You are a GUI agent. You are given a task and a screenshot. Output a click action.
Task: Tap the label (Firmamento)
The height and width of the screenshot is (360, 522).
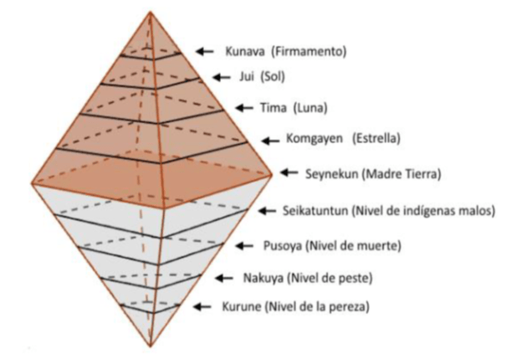pos(309,51)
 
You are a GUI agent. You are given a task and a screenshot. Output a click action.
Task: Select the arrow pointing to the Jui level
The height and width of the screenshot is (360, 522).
pos(222,77)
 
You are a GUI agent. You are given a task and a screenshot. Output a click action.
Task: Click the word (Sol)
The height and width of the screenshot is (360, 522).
pos(273,77)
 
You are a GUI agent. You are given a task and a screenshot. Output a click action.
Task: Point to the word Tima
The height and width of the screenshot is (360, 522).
pos(273,108)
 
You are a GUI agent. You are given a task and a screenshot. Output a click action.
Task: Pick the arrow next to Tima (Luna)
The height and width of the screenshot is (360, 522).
pos(244,108)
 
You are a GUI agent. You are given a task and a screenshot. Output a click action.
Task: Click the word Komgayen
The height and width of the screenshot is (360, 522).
pos(315,138)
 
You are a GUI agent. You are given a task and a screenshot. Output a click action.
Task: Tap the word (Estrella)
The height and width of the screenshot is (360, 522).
pos(376,138)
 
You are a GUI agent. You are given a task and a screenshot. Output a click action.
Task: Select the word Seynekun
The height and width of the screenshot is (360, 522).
pos(331,174)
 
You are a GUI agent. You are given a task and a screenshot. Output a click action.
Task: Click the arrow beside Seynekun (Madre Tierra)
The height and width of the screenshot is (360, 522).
pos(289,172)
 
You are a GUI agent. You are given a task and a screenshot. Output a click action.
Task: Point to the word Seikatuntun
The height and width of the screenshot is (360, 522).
pos(315,211)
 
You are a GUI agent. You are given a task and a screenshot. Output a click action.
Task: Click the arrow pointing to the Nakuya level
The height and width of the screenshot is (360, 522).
pos(224,277)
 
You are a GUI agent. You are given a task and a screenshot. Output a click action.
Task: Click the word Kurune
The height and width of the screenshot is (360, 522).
pos(242,306)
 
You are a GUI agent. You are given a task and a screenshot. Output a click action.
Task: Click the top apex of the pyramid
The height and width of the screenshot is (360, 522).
pos(150,12)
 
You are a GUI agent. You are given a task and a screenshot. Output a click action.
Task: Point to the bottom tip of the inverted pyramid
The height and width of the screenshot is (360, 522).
pos(151,347)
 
